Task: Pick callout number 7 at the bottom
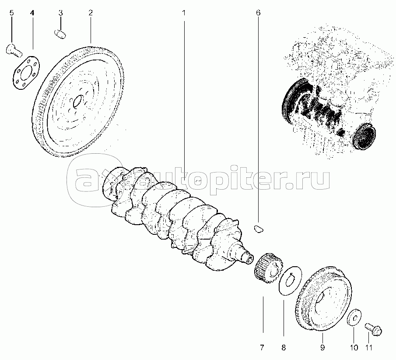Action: tap(262, 348)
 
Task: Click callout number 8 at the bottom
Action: tap(284, 348)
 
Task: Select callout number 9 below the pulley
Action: tap(322, 348)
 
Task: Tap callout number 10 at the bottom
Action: tap(354, 348)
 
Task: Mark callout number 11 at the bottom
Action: tap(369, 348)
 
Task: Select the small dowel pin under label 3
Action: tap(60, 34)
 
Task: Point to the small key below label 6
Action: tap(258, 227)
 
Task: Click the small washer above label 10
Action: tap(354, 318)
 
